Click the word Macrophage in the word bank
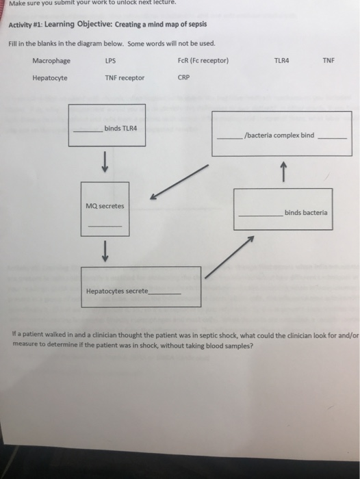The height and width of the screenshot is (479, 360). (x=51, y=60)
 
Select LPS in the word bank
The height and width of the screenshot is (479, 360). (x=110, y=60)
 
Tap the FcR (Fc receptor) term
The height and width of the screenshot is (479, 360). (x=203, y=60)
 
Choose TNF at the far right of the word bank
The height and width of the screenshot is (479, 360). (x=329, y=60)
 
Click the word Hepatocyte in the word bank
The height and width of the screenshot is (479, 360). (x=49, y=77)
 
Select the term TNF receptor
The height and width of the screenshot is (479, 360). (x=125, y=77)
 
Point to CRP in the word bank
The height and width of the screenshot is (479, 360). (x=183, y=77)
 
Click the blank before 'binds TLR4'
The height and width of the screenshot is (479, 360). (x=87, y=131)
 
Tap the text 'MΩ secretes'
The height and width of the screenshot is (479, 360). (x=101, y=205)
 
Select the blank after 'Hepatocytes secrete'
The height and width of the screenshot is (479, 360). (x=164, y=293)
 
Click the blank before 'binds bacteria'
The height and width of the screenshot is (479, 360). (x=260, y=216)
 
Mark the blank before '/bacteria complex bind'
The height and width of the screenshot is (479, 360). (x=230, y=138)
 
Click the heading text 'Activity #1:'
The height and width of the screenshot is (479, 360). (x=26, y=23)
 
